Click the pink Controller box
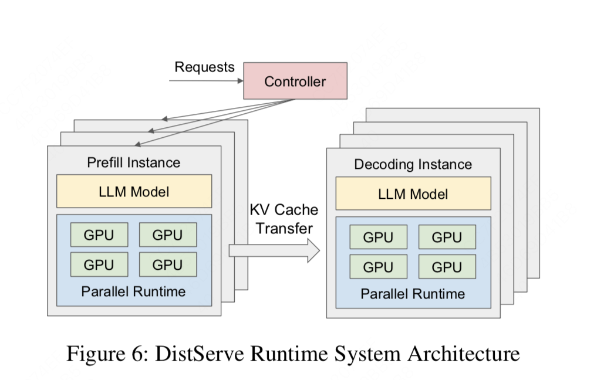[295, 80]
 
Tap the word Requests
[204, 67]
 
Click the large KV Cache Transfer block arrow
[274, 250]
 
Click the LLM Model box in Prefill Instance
[134, 191]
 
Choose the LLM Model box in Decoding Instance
[413, 194]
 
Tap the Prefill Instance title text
[134, 162]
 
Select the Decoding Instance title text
[413, 164]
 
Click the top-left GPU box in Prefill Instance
[99, 235]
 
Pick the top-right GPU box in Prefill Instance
[168, 235]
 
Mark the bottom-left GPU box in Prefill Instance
[99, 264]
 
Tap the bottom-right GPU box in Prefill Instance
[168, 264]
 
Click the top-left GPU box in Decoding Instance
[378, 238]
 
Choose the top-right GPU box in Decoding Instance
[447, 238]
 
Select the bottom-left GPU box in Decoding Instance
[378, 267]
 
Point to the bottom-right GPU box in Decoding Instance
[447, 267]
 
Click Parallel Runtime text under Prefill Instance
[134, 291]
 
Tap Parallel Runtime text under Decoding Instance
[413, 294]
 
